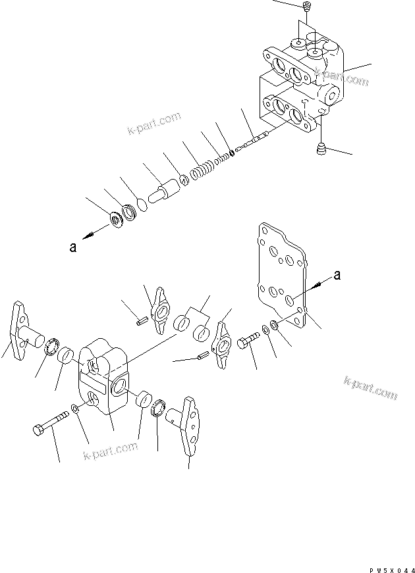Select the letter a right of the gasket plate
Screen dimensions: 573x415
pos(337,276)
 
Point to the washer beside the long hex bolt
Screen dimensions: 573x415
pos(77,410)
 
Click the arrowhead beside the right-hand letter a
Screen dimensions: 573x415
pos(319,284)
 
